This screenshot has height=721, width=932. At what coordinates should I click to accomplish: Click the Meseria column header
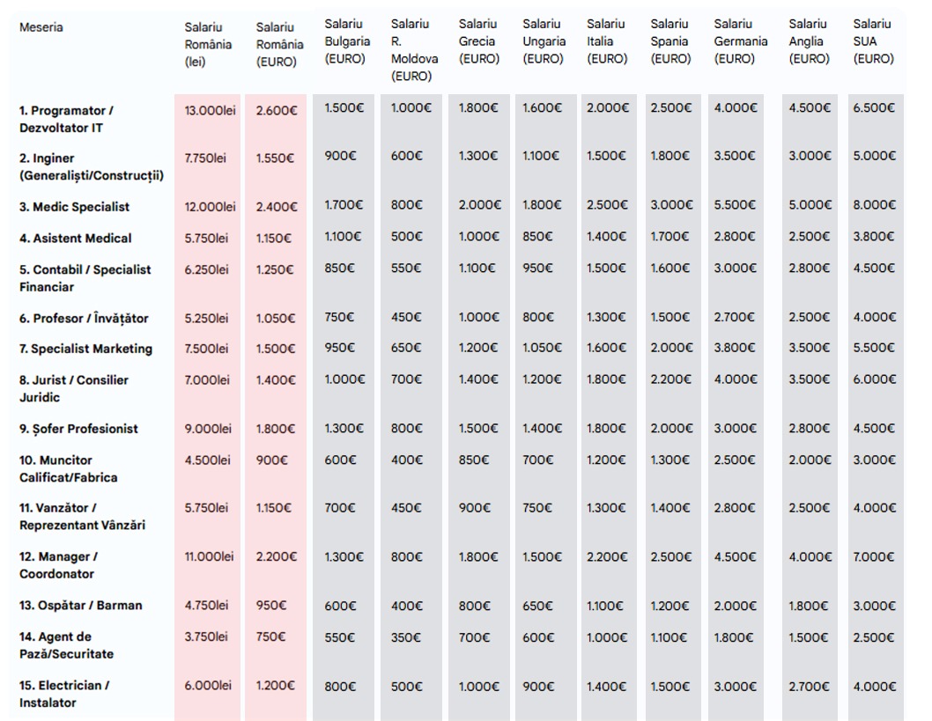[x=41, y=27]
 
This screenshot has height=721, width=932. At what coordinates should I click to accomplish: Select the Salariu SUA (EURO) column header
[x=873, y=41]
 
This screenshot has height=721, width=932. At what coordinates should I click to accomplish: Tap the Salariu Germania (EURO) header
[x=740, y=41]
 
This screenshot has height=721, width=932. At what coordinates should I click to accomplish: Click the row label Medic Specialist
[x=74, y=207]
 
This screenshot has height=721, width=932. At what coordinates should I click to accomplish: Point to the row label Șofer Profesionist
[x=79, y=429]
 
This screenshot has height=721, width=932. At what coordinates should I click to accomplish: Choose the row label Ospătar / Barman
[x=80, y=606]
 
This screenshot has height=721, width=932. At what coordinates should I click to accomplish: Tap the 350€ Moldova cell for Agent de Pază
[x=405, y=636]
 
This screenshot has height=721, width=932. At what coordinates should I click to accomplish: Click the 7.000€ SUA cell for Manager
[x=874, y=556]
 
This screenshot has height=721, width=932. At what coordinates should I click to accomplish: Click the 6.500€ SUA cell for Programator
[x=874, y=108]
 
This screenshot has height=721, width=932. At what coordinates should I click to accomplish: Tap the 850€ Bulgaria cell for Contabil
[x=339, y=269]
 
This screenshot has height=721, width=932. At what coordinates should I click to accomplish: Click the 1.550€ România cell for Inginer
[x=276, y=158]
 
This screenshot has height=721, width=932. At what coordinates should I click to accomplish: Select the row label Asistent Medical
[x=76, y=239]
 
